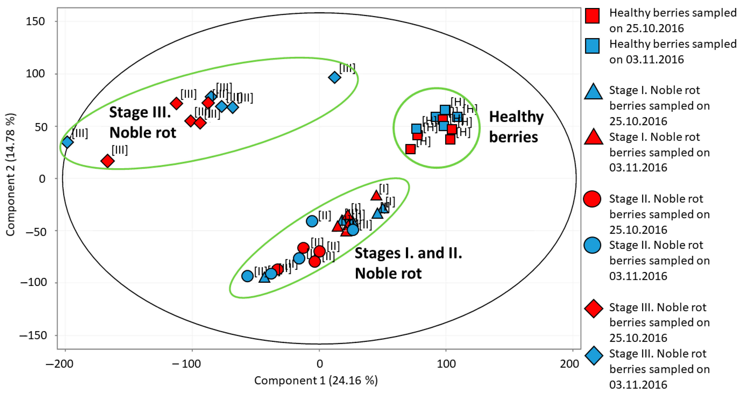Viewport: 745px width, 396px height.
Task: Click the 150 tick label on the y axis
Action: point(35,21)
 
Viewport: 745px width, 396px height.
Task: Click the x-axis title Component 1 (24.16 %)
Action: point(316,380)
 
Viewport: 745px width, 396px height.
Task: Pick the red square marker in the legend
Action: point(592,16)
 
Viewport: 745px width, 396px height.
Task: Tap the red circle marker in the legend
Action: point(592,199)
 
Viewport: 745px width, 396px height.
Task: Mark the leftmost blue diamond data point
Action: point(67,142)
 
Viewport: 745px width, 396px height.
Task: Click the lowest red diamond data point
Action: point(107,161)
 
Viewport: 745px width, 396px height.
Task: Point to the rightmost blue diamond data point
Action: point(334,77)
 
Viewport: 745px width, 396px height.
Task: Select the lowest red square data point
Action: point(410,149)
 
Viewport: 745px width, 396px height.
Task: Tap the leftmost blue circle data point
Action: point(247,276)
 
